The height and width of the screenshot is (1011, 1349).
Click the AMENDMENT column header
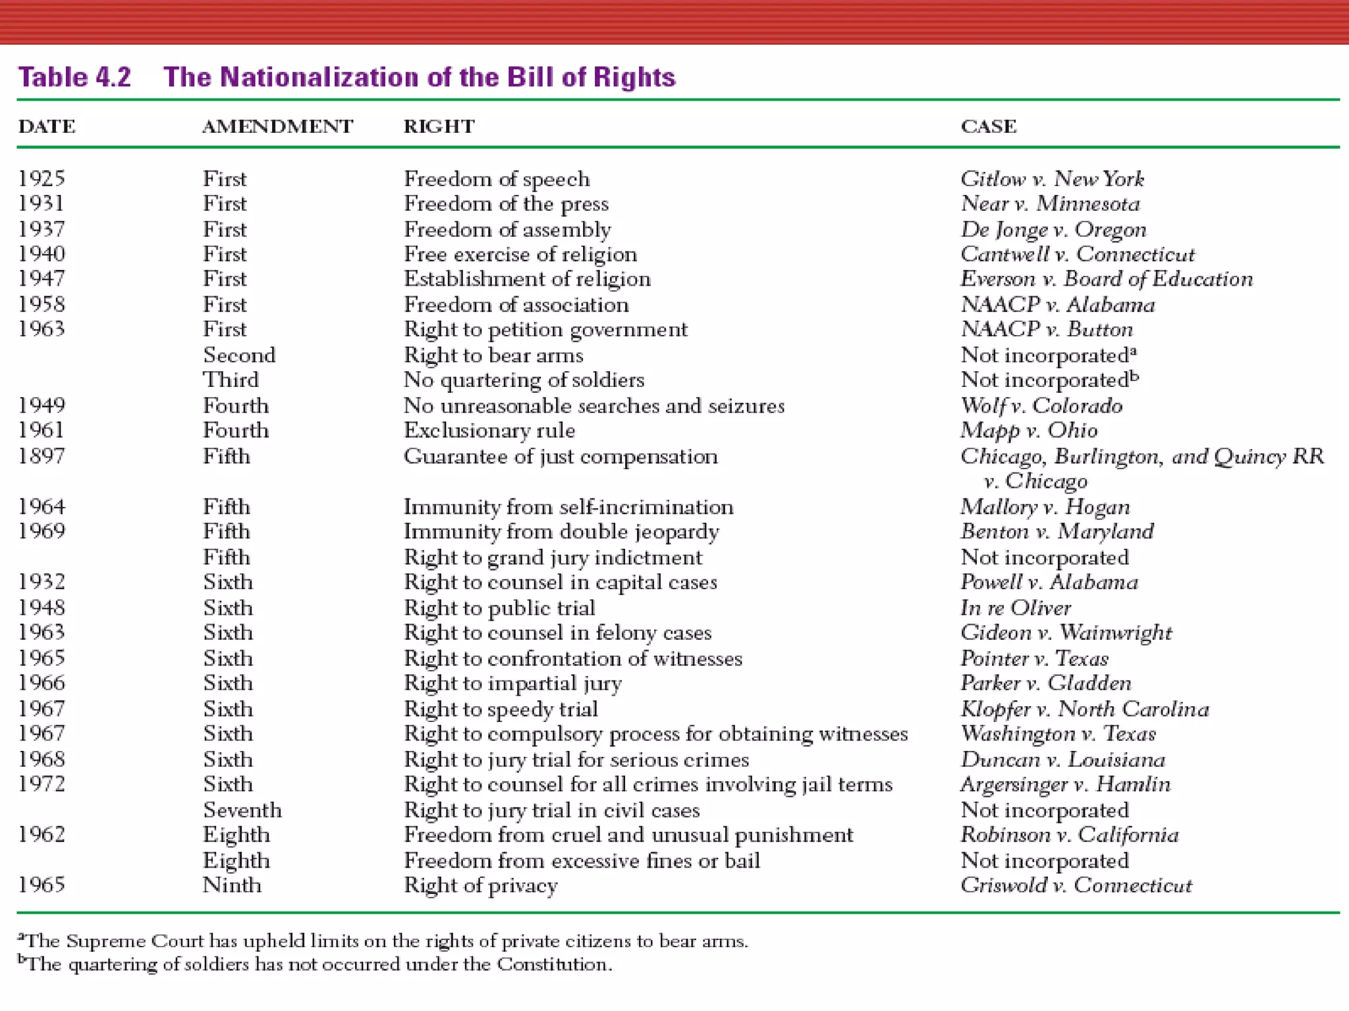277,126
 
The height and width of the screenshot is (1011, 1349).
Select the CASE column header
988,126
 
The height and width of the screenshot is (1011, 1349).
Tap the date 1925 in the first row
41,178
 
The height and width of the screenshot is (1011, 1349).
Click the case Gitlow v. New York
1052,178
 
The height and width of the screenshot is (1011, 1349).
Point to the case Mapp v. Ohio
1029,430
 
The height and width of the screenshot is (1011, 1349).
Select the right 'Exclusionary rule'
489,430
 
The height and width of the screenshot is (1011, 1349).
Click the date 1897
41,456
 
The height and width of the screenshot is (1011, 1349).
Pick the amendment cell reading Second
239,355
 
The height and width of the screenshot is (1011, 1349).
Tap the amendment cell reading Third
231,380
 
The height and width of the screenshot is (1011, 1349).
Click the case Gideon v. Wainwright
1066,633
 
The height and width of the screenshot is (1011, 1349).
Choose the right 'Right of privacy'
481,885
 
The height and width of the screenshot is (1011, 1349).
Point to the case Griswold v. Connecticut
1076,885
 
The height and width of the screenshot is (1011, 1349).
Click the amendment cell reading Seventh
242,810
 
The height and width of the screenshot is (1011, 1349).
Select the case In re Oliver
1015,608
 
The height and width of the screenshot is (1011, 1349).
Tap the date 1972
41,784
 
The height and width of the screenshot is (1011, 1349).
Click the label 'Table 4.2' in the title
74,77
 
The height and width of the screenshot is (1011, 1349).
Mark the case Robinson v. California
1069,835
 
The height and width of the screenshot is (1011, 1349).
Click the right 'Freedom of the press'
506,204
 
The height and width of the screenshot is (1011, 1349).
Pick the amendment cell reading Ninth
232,885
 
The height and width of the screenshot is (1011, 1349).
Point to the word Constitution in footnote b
552,964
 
